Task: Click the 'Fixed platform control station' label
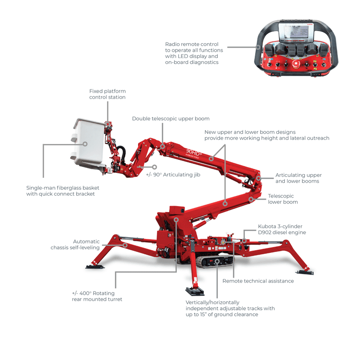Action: [107, 94]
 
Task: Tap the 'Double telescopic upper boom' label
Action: [171, 119]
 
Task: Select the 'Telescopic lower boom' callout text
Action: [283, 199]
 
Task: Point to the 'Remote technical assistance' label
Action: [258, 281]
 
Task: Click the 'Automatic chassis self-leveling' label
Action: [75, 245]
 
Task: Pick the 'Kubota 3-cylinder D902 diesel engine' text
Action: [282, 229]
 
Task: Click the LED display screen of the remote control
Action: [295, 34]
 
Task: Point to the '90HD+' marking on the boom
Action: [194, 152]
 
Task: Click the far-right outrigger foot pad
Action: [305, 272]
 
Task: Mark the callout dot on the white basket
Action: [85, 144]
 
